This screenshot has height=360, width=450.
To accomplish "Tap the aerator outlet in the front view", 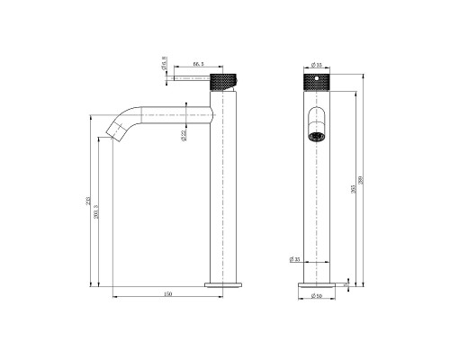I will (x=316, y=137).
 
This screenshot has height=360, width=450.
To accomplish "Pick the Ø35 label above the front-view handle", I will (x=316, y=65).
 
